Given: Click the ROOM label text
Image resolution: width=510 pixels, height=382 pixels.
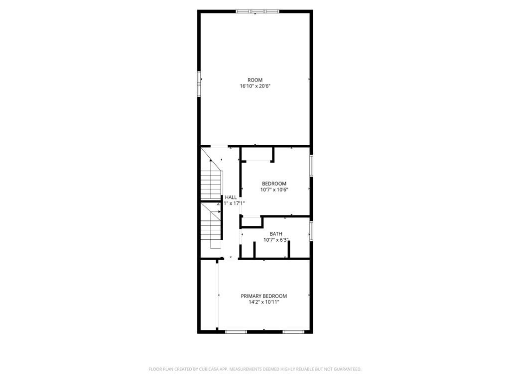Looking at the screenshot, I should (255, 80).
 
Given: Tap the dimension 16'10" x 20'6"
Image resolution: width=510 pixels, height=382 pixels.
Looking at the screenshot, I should (255, 86).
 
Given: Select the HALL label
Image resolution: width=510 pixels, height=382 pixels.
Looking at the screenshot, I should (231, 197).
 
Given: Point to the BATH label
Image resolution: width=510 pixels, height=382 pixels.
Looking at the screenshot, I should (276, 234).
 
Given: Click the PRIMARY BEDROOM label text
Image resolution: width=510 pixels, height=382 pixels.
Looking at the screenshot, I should (264, 296).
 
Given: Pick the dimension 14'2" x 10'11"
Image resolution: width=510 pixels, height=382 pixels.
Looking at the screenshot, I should (264, 302).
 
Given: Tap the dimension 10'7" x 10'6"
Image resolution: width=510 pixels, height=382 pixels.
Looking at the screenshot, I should (274, 190).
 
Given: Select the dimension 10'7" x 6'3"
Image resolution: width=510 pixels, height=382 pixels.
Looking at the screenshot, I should (276, 240).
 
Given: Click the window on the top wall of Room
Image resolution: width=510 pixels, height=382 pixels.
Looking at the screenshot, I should (257, 11).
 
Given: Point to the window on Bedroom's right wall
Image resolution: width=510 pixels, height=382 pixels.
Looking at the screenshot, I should (311, 165).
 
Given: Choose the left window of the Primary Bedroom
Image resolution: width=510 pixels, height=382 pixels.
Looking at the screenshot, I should (236, 331).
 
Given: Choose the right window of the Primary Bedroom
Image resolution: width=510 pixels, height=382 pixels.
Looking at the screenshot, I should (294, 331).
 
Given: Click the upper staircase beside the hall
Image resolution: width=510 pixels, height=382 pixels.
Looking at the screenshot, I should (211, 182).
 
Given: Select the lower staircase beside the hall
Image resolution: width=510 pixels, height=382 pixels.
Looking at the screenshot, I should (211, 229).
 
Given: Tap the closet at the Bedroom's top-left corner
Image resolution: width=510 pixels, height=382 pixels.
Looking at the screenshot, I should (256, 154).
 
